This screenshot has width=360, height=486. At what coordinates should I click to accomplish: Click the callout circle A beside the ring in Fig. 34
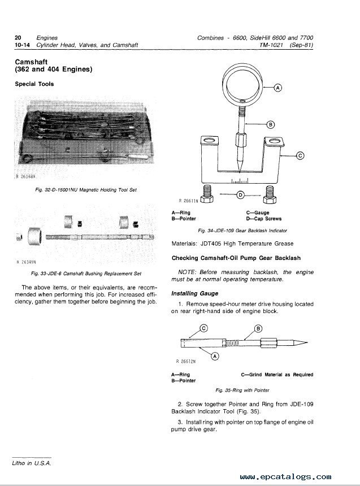click(x=278, y=88)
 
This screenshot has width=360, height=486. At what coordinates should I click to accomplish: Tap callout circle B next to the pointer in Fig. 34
click(x=271, y=124)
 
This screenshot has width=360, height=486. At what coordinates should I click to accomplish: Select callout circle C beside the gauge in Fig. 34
click(x=300, y=155)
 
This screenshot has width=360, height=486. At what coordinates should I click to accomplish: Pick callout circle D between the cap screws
click(x=240, y=195)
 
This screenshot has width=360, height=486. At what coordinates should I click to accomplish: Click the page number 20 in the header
click(x=18, y=38)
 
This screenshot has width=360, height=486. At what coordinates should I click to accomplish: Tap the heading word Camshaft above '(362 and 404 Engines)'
click(x=31, y=62)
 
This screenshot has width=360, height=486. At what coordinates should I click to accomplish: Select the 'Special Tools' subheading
click(x=34, y=84)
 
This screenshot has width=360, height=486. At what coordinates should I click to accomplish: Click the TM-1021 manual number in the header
click(x=271, y=45)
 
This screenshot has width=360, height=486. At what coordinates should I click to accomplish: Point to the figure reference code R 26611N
click(x=188, y=201)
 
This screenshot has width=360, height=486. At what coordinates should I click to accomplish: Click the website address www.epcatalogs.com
click(x=285, y=477)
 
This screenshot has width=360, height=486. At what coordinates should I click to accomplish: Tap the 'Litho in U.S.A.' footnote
click(x=32, y=463)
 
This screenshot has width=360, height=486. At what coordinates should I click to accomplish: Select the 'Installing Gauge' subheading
click(x=195, y=293)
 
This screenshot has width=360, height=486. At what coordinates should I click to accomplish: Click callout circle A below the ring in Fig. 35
click(x=215, y=356)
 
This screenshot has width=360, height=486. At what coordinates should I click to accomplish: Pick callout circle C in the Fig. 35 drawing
click(x=203, y=328)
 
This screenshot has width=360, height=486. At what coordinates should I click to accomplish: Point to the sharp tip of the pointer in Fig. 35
click(x=307, y=343)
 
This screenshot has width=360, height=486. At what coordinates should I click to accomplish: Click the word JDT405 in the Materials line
click(x=211, y=244)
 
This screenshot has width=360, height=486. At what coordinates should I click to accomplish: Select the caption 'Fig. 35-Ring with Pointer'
click(x=242, y=390)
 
